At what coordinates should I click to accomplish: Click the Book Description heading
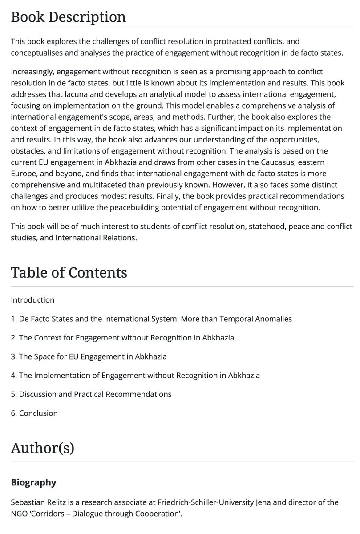click(x=68, y=17)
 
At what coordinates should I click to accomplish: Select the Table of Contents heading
click(x=69, y=272)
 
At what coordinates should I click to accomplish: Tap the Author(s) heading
click(x=42, y=448)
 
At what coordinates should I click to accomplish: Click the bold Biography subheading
click(x=33, y=482)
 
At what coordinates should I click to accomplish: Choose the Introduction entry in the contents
click(x=32, y=300)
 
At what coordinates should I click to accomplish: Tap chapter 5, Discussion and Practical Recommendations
click(x=91, y=394)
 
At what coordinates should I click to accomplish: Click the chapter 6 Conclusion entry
click(x=34, y=413)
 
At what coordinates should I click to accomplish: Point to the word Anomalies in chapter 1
click(x=274, y=319)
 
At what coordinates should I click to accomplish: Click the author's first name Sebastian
click(x=28, y=502)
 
